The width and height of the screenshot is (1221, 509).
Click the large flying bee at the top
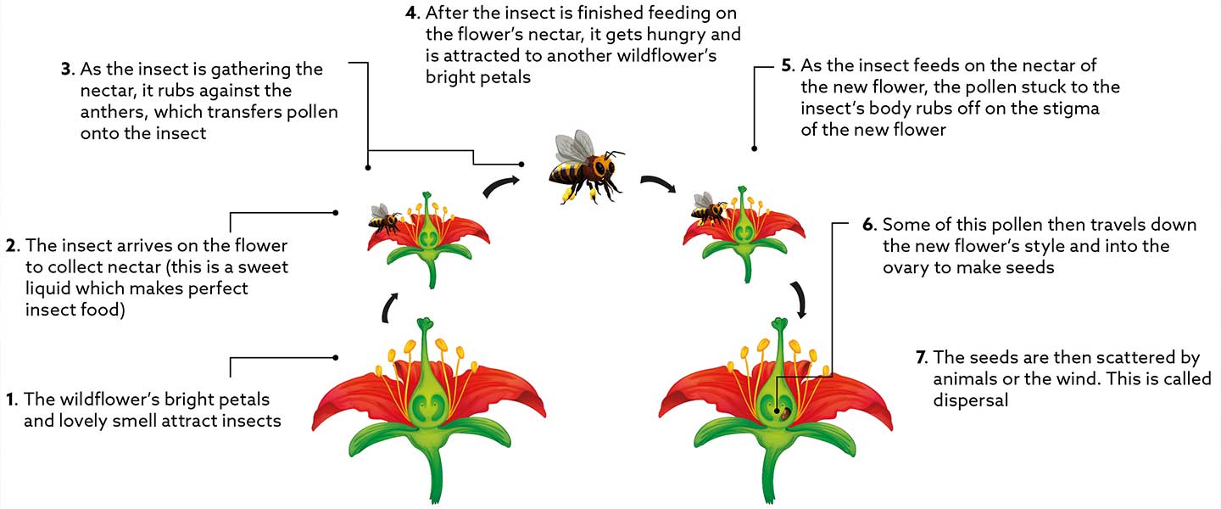pos(585,168)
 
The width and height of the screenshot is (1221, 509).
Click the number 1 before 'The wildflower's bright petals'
pos(11,398)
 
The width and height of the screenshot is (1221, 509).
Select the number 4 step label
pos(411,14)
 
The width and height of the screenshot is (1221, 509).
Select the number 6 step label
pos(868,226)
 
